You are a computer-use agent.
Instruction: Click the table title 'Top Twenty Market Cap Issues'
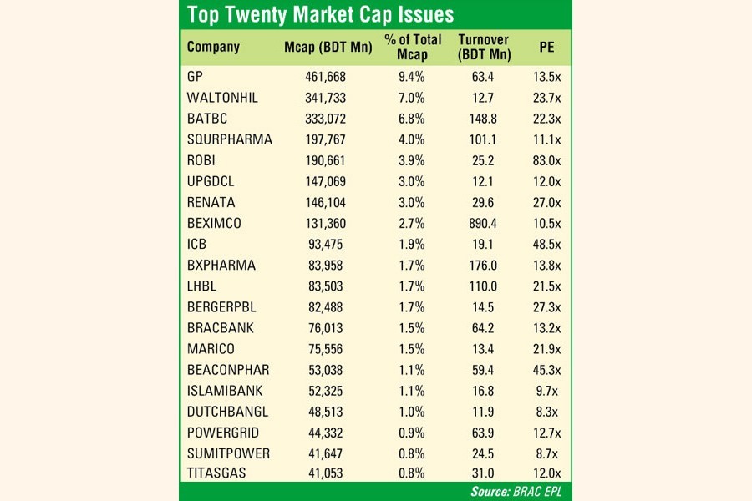pyautogui.click(x=321, y=14)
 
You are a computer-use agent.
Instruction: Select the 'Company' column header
pyautogui.click(x=213, y=47)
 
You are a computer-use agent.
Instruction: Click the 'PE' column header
pyautogui.click(x=547, y=47)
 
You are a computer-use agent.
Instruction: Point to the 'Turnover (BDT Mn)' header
pyautogui.click(x=485, y=47)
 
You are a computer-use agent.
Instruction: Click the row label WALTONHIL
pyautogui.click(x=222, y=98)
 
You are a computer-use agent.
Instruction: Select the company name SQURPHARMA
pyautogui.click(x=230, y=139)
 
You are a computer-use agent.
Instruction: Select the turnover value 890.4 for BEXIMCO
pyautogui.click(x=484, y=223)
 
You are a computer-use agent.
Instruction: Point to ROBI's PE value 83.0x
pyautogui.click(x=547, y=160)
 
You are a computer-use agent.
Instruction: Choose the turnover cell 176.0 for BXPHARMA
pyautogui.click(x=484, y=265)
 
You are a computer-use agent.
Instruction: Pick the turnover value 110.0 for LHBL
pyautogui.click(x=484, y=286)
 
